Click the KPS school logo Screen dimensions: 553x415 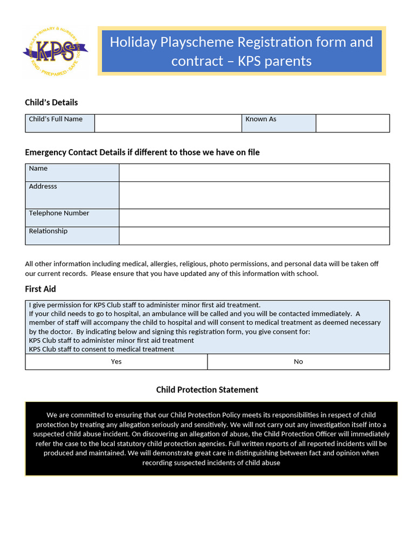pos(56,51)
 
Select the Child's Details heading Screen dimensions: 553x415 pos(51,103)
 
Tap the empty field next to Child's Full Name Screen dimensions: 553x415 pos(168,123)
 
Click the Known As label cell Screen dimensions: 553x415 pos(278,123)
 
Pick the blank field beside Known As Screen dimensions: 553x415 pos(352,123)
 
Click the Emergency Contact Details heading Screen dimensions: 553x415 pos(142,152)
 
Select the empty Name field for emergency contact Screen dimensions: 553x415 pos(254,173)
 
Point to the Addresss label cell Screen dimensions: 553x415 pos(72,195)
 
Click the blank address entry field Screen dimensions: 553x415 pos(254,195)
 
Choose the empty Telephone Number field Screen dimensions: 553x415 pos(254,218)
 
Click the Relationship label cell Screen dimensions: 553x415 pos(72,235)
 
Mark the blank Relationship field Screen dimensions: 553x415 pos(254,235)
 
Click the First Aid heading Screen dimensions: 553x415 pos(41,289)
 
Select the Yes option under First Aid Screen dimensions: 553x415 pos(116,362)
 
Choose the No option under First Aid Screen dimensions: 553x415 pos(298,362)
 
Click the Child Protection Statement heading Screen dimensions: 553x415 pos(207,390)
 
